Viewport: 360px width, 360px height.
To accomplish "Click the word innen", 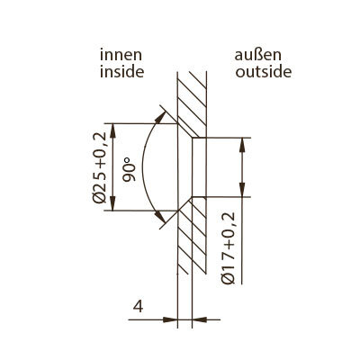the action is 121,56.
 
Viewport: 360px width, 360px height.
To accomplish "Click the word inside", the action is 121,72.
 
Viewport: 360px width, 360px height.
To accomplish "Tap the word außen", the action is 258,56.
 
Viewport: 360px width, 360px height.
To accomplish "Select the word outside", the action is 263,72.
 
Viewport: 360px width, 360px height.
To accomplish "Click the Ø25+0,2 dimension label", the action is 100,167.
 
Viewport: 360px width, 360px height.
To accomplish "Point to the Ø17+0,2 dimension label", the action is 229,248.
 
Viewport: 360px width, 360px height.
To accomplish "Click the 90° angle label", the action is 130,171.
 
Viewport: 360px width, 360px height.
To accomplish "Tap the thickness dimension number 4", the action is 138,307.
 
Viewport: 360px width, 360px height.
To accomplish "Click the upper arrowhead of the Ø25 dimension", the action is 112,130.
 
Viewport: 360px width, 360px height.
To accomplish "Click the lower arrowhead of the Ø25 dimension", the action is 112,203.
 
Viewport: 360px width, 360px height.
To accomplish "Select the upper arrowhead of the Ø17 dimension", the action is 242,145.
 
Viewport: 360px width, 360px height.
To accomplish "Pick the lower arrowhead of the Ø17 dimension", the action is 242,190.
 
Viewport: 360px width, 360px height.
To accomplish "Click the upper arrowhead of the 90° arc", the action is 160,117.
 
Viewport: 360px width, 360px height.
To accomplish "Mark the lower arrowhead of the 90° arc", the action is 160,217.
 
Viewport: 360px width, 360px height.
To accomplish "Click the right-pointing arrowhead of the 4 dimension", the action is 170,319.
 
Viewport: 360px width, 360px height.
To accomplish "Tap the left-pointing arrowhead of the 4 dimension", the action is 200,319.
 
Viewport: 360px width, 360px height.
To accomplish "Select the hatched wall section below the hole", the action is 192,236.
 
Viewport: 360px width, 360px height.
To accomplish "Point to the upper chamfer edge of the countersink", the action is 184,130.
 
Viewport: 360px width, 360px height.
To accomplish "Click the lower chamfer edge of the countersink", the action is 184,204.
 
